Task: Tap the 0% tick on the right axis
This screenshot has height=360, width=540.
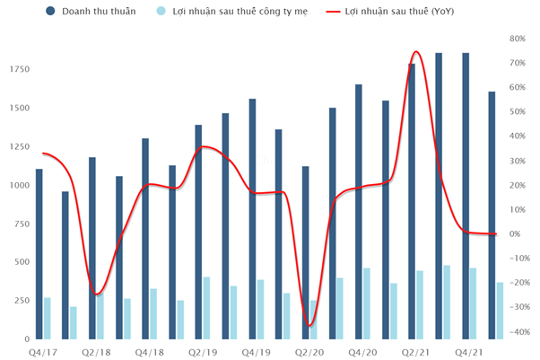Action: coord(516,234)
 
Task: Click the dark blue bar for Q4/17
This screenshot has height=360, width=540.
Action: coord(39,254)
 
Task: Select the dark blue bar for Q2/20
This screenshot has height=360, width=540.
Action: coord(306,252)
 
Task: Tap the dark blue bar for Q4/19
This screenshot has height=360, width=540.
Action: coord(252,219)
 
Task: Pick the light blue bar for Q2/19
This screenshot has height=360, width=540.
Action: coord(207,308)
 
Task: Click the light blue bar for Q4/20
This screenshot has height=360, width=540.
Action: coord(367,303)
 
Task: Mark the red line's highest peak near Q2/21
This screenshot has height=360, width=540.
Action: coord(416,51)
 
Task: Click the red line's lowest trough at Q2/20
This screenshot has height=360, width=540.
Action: coord(310,326)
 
